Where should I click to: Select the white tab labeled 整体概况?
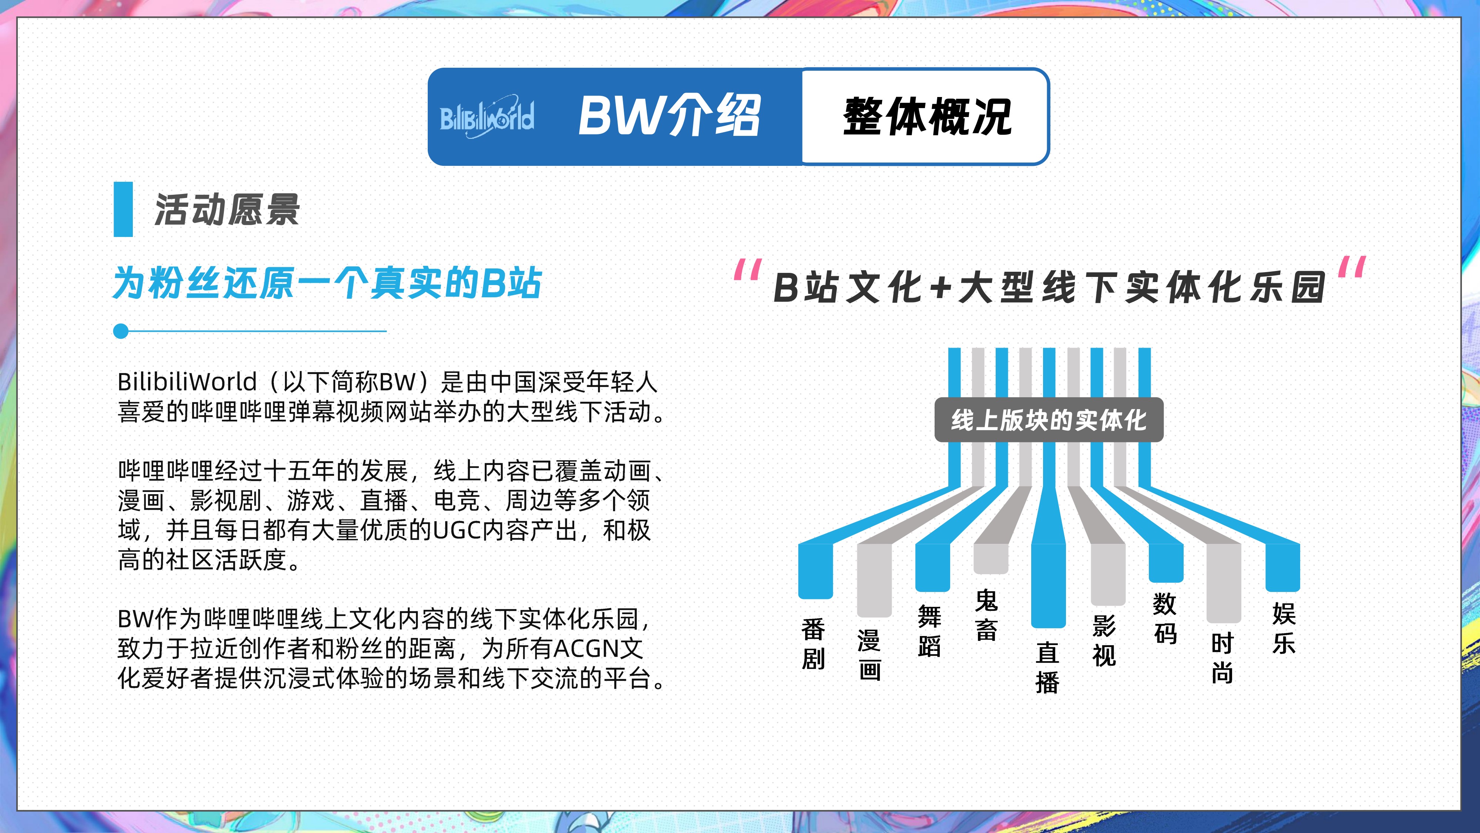(x=925, y=117)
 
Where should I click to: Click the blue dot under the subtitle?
(x=121, y=331)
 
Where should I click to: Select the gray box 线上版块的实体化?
(x=1049, y=420)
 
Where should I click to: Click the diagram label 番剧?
(x=813, y=644)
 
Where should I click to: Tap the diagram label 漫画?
(x=869, y=655)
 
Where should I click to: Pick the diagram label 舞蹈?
(x=929, y=630)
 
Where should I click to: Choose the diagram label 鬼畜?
(x=986, y=615)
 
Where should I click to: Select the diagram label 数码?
(x=1165, y=619)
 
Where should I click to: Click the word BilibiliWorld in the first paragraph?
(x=187, y=381)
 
